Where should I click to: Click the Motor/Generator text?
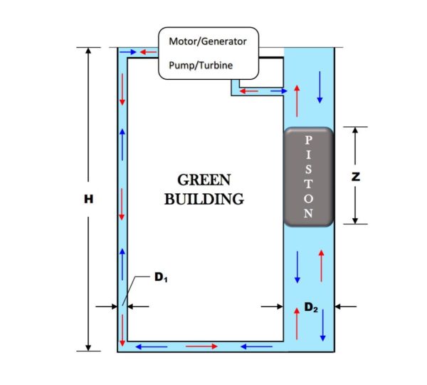[x=208, y=41]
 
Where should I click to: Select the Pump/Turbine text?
[x=201, y=65]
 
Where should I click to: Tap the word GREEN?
[x=204, y=180]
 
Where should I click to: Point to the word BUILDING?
[x=204, y=199]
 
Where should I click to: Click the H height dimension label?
[x=88, y=199]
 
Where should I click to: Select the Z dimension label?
[x=356, y=177]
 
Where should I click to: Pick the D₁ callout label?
[x=161, y=277]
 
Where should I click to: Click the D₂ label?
[x=311, y=307]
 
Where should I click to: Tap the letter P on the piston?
[x=308, y=140]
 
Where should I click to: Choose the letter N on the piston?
[x=308, y=213]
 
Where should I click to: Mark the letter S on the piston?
[x=308, y=169]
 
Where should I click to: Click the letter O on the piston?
[x=308, y=199]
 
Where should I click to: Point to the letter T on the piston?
[x=308, y=184]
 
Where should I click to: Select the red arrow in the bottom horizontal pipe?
[x=201, y=346]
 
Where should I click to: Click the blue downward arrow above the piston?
[x=320, y=87]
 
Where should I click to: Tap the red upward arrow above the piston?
[x=297, y=101]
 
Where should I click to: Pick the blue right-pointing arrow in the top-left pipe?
[x=128, y=52]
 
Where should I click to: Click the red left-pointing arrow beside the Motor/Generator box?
[x=148, y=52]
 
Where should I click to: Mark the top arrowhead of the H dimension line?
[x=88, y=50]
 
